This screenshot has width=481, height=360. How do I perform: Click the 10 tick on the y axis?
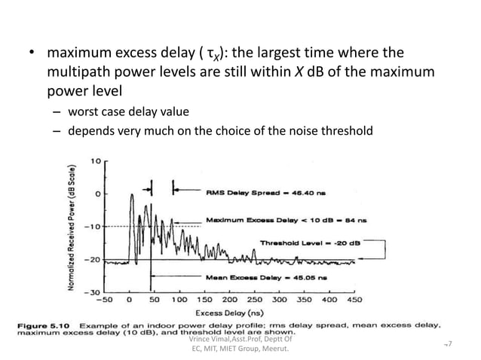97,160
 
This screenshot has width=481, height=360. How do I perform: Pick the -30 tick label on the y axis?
93,291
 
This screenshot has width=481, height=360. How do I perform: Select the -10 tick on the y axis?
93,226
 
